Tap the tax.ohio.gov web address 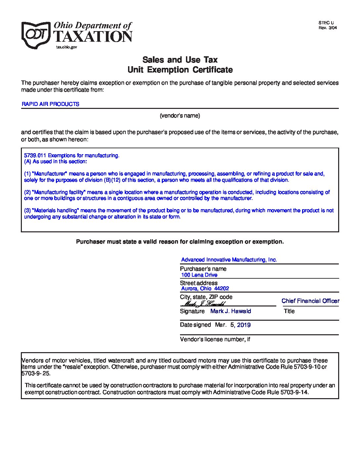tap(67, 47)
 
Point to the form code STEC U tap(326, 23)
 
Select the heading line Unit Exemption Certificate tap(180, 70)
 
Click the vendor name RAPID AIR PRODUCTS tap(50, 104)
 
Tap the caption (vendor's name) tap(180, 116)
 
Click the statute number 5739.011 tap(35, 155)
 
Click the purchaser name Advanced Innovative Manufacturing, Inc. tap(229, 260)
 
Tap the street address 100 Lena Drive tap(199, 275)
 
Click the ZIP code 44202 tap(222, 289)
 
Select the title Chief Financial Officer tap(310, 301)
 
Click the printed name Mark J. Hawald tap(231, 311)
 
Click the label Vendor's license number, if tap(215, 339)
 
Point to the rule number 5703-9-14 tap(294, 393)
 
